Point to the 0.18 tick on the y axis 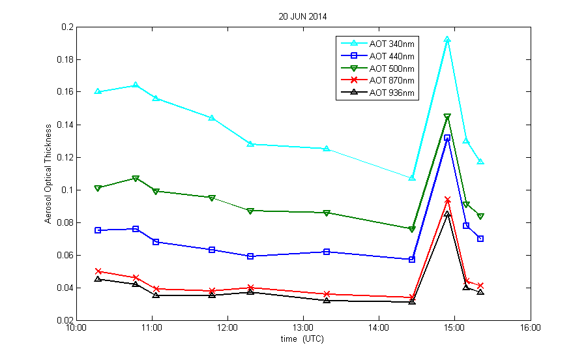pyautogui.click(x=66, y=59)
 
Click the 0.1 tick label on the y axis pyautogui.click(x=68, y=190)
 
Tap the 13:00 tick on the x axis pyautogui.click(x=303, y=329)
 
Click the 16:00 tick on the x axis pyautogui.click(x=530, y=329)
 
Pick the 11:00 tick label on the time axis pyautogui.click(x=152, y=329)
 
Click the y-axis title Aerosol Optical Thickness pyautogui.click(x=48, y=173)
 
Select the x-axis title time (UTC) pyautogui.click(x=302, y=339)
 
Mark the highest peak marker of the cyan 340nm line pyautogui.click(x=447, y=40)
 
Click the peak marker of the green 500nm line pyautogui.click(x=447, y=117)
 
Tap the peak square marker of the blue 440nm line pyautogui.click(x=447, y=138)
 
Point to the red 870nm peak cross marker pyautogui.click(x=447, y=200)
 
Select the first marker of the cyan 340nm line pyautogui.click(x=98, y=91)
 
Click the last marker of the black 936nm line pyautogui.click(x=480, y=292)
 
